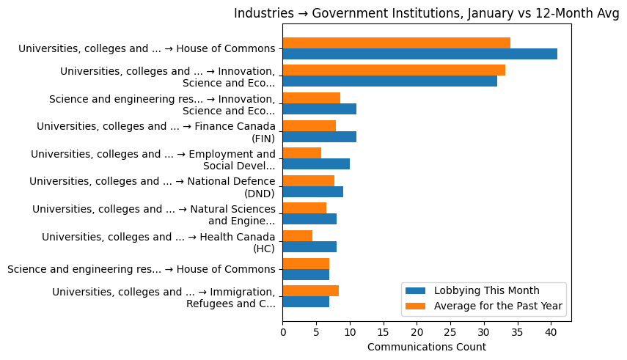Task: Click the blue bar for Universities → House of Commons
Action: pos(419,54)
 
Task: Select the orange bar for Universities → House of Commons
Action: pos(396,43)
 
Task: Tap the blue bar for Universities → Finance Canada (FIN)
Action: pos(319,136)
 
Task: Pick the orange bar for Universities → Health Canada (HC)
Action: pos(297,235)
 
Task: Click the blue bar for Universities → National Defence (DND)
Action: pos(312,191)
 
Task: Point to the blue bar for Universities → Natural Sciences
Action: pos(309,219)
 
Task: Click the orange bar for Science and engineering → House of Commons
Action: pos(306,263)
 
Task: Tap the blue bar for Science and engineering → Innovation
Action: pos(319,109)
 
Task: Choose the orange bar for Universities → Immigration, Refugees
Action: pos(310,290)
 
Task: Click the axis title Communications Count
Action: pos(426,347)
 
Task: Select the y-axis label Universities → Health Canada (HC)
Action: pos(158,242)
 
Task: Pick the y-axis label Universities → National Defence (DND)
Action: pos(152,187)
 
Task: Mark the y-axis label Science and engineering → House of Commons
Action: pos(141,269)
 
